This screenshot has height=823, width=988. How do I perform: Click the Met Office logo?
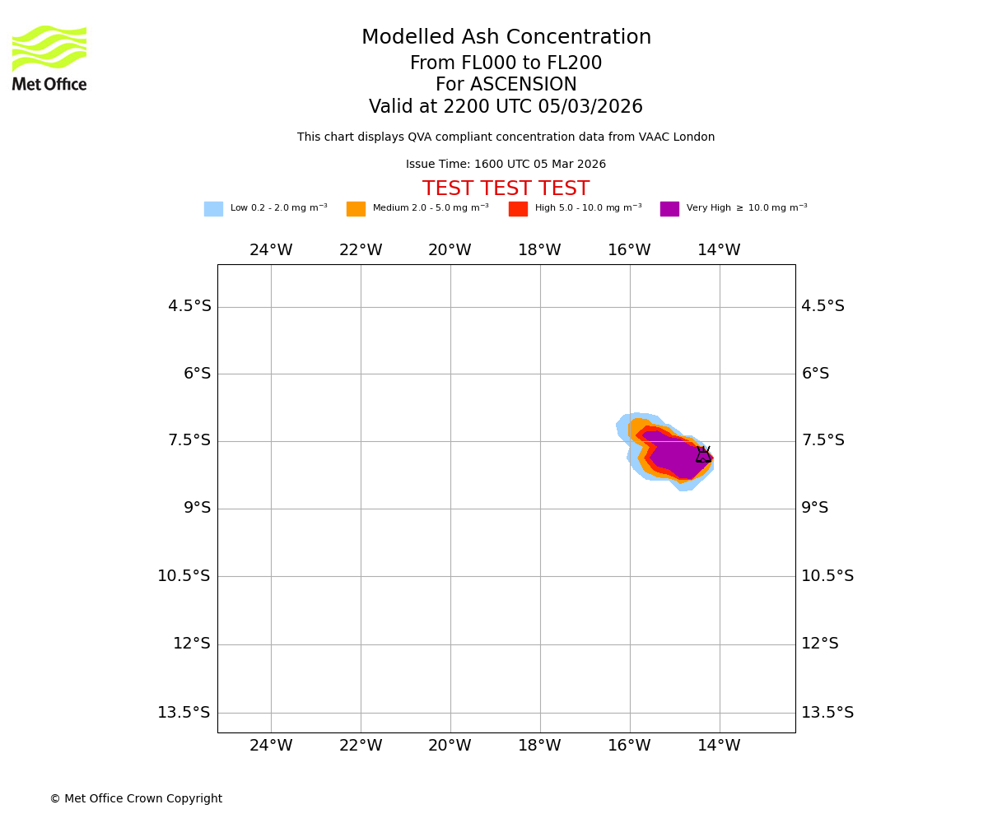(x=49, y=58)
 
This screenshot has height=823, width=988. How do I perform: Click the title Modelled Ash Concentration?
(x=506, y=38)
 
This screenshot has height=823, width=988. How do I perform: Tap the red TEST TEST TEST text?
(x=506, y=189)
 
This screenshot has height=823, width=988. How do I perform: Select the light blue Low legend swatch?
(x=213, y=209)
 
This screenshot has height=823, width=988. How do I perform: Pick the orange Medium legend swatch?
(x=356, y=209)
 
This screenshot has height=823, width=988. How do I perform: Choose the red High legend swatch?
(x=518, y=209)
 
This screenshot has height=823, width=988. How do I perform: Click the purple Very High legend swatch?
(x=669, y=209)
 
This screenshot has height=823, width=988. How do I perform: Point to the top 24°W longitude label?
(x=271, y=250)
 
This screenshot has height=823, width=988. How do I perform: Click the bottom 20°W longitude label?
(x=450, y=746)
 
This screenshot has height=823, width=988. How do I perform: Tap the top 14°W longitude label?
(x=719, y=250)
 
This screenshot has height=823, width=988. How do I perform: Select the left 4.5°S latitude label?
(x=189, y=306)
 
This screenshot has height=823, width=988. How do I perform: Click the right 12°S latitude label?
(x=820, y=644)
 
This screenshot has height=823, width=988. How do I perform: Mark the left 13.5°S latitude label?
(x=184, y=713)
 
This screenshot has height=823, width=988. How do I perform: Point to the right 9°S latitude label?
(x=815, y=508)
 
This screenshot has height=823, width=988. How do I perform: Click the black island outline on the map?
(x=703, y=455)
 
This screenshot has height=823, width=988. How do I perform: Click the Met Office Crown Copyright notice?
(x=136, y=799)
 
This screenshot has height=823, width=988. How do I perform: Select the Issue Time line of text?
(x=506, y=165)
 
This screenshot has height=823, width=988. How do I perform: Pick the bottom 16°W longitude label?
(x=629, y=746)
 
